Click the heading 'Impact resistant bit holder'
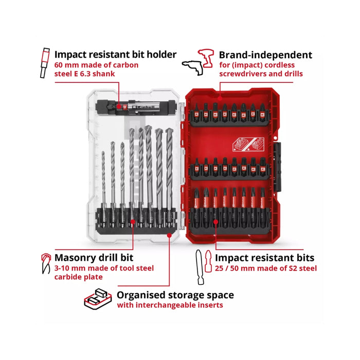pyautogui.click(x=115, y=55)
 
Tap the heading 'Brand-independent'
pyautogui.click(x=265, y=55)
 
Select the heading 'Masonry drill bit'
pyautogui.click(x=94, y=258)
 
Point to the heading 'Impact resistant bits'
pyautogui.click(x=264, y=258)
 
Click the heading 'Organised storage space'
pyautogui.click(x=175, y=295)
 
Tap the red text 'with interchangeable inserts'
pyautogui.click(x=170, y=305)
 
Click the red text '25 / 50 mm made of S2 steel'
pyautogui.click(x=266, y=268)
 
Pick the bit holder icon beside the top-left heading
pyautogui.click(x=45, y=63)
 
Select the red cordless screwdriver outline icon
pyautogui.click(x=206, y=58)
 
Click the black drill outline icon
pyautogui.click(x=193, y=68)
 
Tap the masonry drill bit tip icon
pyautogui.click(x=46, y=263)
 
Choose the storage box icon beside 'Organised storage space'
pyautogui.click(x=98, y=299)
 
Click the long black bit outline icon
pyautogui.click(x=200, y=267)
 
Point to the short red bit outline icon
pyautogui.click(x=208, y=261)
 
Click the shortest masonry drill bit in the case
pyautogui.click(x=104, y=188)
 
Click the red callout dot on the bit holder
pyautogui.click(x=119, y=106)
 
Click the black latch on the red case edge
pyautogui.click(x=278, y=167)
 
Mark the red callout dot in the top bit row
pyautogui.click(x=220, y=99)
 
